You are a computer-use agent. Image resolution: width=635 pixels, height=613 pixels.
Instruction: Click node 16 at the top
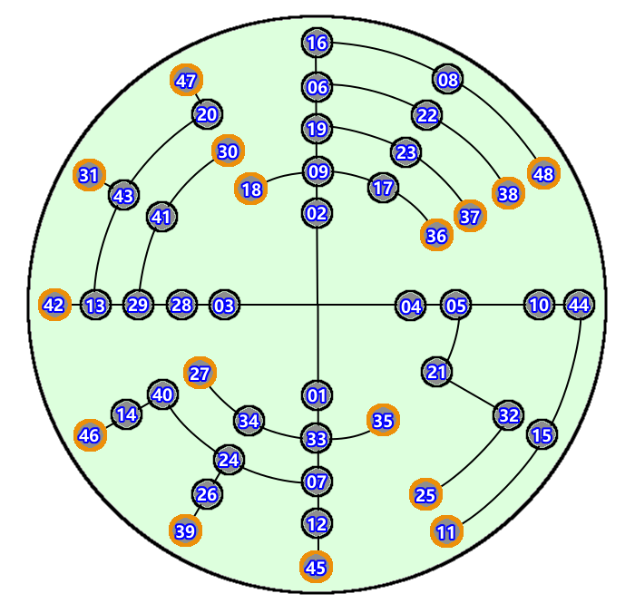coord(317,43)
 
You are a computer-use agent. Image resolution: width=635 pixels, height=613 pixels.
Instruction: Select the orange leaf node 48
coord(543,173)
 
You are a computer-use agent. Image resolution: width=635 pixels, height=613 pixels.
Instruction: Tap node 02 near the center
coord(317,213)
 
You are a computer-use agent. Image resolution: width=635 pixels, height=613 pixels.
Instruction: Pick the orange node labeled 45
coord(316,567)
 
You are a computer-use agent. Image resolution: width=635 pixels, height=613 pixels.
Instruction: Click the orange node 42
coord(54,305)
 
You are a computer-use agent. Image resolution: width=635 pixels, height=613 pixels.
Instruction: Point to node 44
coord(579,305)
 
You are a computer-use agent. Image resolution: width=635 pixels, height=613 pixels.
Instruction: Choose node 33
coord(316,439)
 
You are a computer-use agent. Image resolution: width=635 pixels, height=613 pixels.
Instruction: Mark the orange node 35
coord(383,420)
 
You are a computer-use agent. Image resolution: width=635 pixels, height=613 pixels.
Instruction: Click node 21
coord(437,372)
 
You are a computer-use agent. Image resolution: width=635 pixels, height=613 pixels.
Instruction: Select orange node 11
coord(446,532)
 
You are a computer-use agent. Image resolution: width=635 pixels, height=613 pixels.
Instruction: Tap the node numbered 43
coord(123,195)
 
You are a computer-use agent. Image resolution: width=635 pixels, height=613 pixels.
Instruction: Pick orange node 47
coord(186,80)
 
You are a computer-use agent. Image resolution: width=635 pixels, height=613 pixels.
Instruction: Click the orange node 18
coord(251,189)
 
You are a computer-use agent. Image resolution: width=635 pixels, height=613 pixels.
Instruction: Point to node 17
coord(384,188)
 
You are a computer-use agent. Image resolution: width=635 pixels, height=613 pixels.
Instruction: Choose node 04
coord(411,306)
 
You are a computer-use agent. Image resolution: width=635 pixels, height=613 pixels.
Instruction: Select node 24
coord(229,460)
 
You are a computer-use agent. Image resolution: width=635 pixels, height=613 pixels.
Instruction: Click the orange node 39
coord(185,530)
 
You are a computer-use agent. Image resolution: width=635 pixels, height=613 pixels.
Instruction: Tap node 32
coord(509,415)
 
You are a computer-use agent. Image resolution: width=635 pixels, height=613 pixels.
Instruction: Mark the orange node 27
coord(200,373)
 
